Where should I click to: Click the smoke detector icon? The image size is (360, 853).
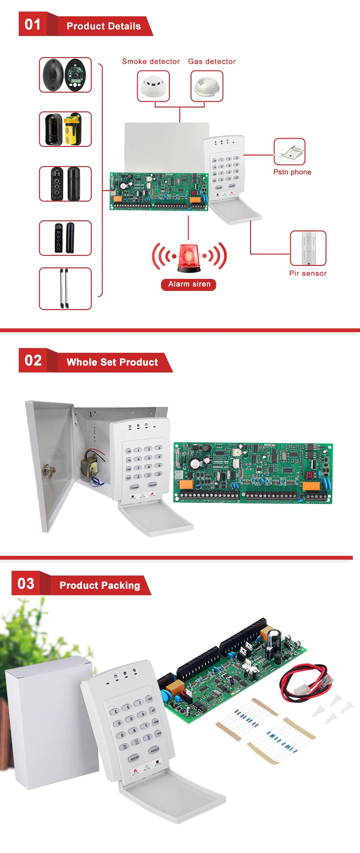point(153,86)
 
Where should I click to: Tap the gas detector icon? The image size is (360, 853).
point(207,86)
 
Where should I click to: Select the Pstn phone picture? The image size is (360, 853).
point(289,152)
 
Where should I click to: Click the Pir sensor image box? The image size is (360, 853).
point(308,248)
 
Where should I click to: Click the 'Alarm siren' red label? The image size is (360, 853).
point(189,284)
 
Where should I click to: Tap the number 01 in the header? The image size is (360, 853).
point(33,24)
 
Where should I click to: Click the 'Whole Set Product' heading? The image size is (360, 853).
point(112,362)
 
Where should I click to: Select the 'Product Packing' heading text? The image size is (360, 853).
point(100,585)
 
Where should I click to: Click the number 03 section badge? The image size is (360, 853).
point(26,584)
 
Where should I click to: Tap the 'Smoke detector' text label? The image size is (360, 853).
point(151,61)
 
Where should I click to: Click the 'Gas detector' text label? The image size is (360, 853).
point(212,61)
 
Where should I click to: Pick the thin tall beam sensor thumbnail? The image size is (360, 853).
point(65,288)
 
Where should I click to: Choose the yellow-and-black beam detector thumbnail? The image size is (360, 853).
point(65,129)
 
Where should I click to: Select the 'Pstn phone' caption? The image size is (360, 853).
point(292,172)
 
